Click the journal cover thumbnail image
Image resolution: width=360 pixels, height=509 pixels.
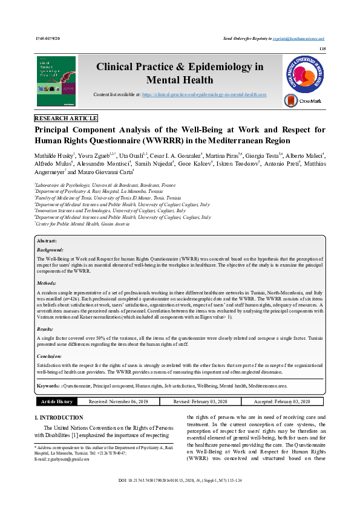point(56,82)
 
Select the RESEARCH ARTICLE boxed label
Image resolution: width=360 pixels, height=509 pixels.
point(66,118)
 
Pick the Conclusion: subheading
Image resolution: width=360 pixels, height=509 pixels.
point(50,357)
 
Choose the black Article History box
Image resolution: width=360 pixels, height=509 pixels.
point(56,401)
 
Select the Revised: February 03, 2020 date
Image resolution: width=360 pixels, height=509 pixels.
point(184,401)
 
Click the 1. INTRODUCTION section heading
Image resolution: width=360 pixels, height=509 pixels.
point(59,418)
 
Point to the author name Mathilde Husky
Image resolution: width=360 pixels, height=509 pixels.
point(55,155)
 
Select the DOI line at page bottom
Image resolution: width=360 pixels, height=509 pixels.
point(180,497)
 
